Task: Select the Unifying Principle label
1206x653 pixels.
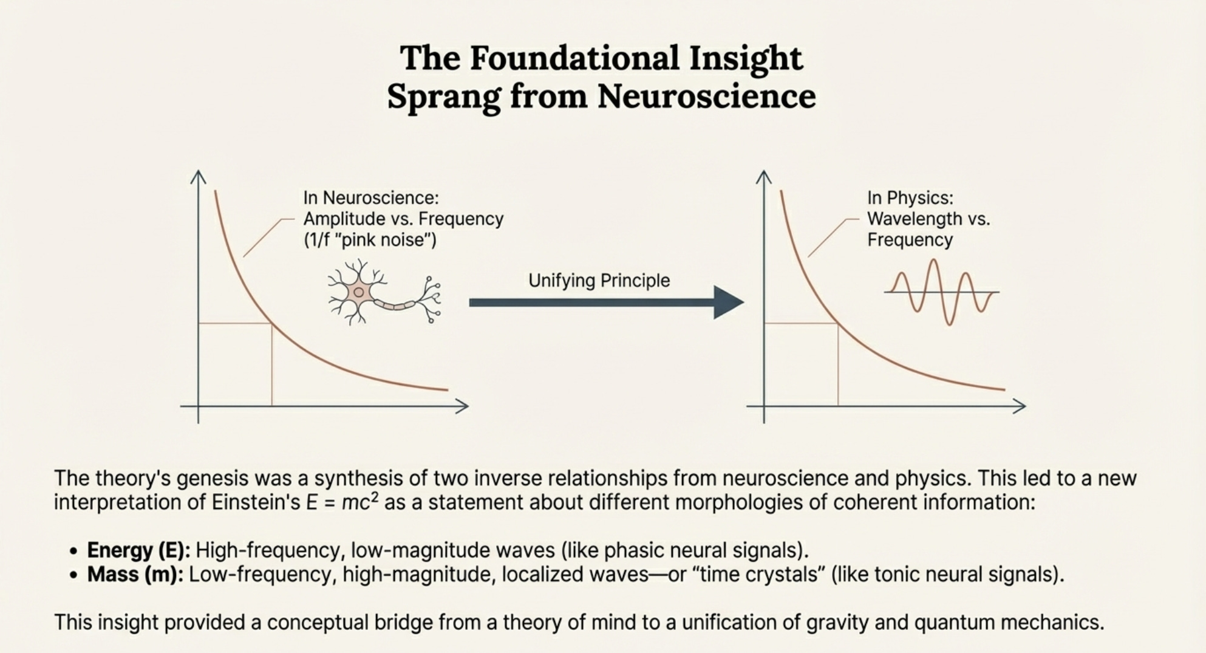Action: [x=599, y=281]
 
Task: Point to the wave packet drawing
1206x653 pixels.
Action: [x=941, y=292]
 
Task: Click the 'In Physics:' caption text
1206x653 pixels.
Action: [x=910, y=198]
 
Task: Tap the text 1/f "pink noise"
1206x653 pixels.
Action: [x=370, y=240]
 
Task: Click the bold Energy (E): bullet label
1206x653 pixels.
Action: [x=138, y=550]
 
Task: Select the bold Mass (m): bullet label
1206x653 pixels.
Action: [x=135, y=575]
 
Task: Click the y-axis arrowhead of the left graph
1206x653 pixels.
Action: [x=198, y=176]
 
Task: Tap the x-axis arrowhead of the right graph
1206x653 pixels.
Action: [x=1020, y=406]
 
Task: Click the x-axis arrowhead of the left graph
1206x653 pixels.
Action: [x=463, y=406]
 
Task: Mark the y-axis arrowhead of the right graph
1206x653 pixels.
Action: [x=763, y=176]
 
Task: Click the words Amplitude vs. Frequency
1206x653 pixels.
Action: [x=403, y=219]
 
